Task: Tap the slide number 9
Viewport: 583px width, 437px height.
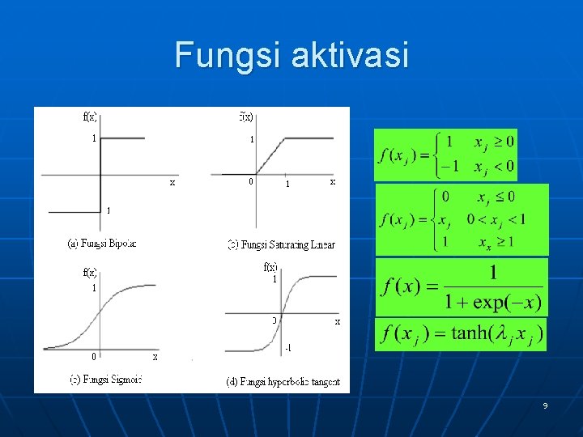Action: pos(545,405)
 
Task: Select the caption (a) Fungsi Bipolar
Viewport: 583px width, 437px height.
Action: pos(102,243)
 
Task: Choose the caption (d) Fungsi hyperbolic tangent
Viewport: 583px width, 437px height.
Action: pos(283,380)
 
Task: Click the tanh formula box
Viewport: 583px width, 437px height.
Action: pos(461,334)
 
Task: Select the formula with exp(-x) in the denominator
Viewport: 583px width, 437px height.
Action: pos(461,287)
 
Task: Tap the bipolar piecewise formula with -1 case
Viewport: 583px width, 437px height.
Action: pos(446,155)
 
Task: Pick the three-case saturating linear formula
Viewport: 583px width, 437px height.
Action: pos(462,219)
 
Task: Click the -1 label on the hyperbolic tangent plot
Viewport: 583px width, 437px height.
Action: pos(289,348)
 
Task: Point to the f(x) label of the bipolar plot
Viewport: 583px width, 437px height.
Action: pos(90,117)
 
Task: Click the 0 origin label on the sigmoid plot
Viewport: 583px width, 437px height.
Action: pos(94,356)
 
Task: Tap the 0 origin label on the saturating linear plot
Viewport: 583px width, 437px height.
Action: pos(251,182)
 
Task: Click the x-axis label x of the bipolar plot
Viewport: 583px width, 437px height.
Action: pos(172,183)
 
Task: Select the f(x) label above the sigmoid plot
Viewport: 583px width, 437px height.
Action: pos(90,273)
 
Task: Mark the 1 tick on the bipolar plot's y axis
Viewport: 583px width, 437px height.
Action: pos(94,138)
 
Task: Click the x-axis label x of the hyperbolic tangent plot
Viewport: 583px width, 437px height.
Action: pos(338,321)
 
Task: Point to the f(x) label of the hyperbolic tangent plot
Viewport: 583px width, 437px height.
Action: pos(270,267)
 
